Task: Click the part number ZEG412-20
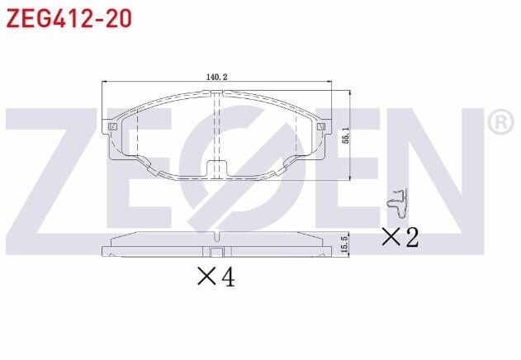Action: click(69, 18)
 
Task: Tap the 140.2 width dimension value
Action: click(216, 77)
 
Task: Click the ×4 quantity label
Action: click(216, 278)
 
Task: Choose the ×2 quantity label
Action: click(400, 238)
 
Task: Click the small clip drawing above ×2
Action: click(398, 201)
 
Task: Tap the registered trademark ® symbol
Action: click(501, 123)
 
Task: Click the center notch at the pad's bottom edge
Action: click(216, 168)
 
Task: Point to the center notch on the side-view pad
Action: click(216, 253)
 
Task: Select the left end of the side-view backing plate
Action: click(103, 251)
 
